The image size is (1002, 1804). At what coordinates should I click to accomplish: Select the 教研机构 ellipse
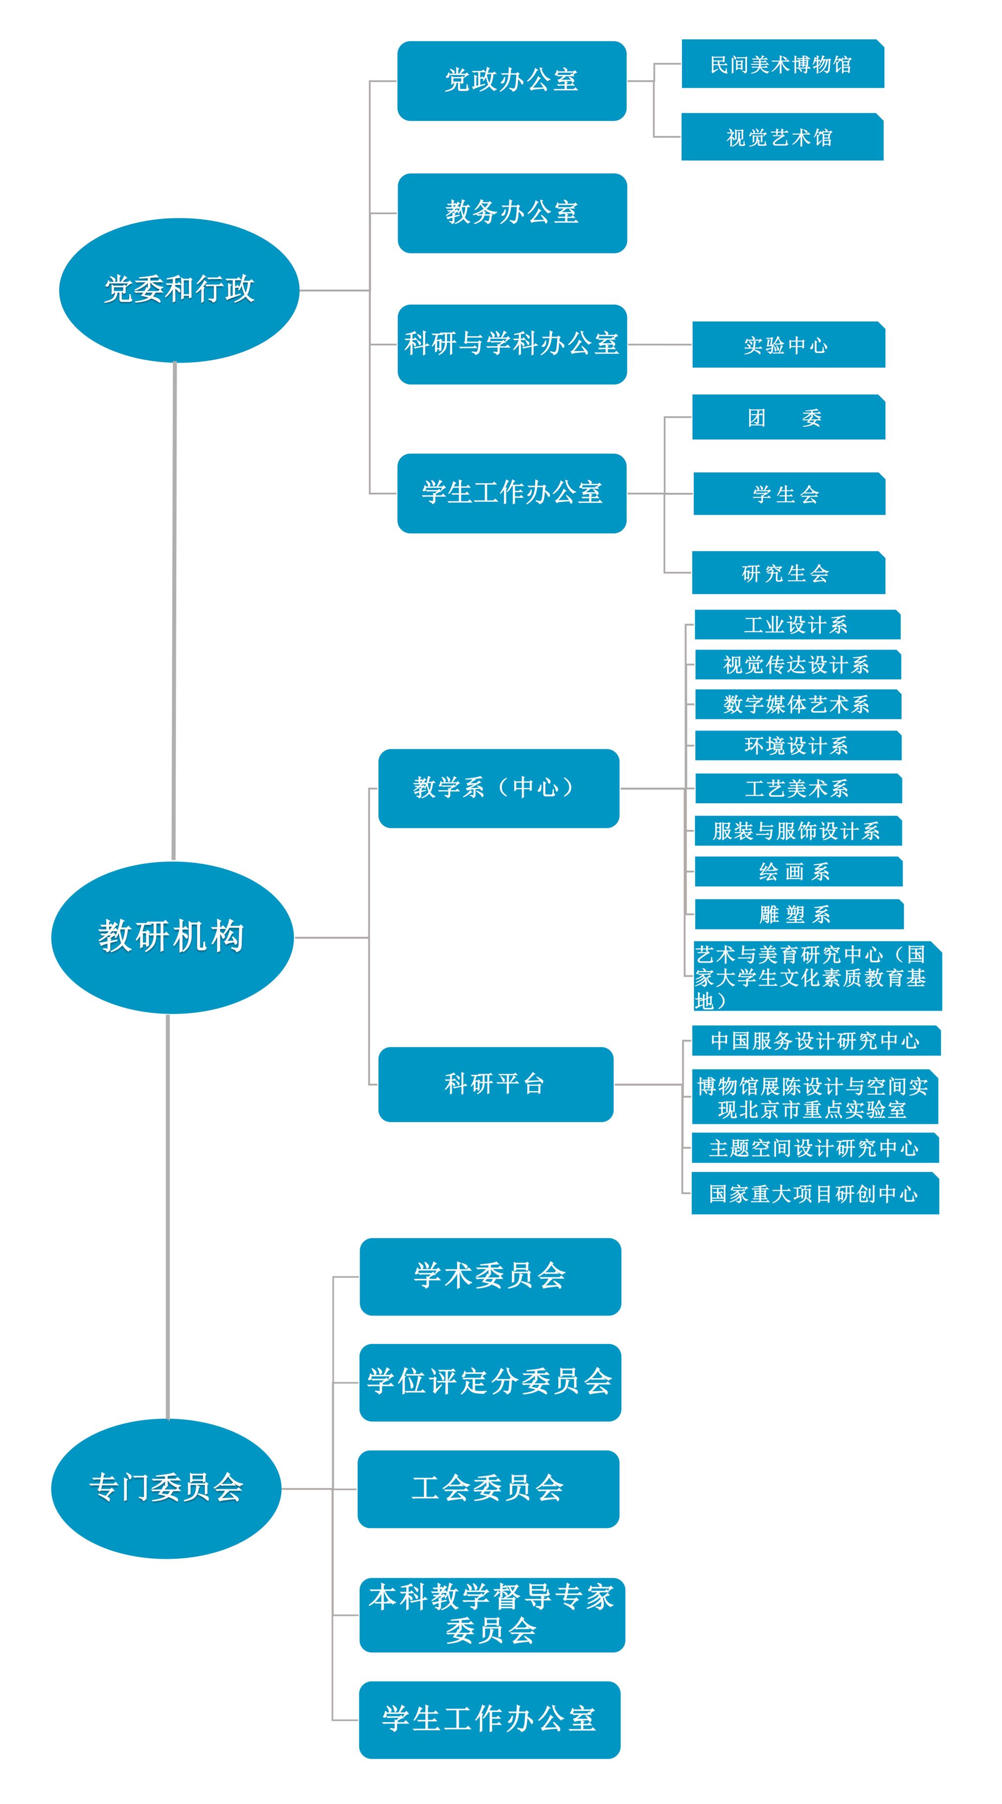coord(172,937)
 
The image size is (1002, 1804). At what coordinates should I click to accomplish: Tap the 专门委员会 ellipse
coord(166,1488)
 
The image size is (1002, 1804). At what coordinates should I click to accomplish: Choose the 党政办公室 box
coord(512,81)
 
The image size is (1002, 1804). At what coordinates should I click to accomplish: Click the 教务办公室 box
coord(512,213)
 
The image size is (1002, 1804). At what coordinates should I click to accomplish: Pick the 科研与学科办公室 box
coord(512,344)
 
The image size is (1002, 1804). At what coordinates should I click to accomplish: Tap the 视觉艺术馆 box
coord(782,137)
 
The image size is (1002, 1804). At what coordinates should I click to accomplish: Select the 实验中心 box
coord(788,345)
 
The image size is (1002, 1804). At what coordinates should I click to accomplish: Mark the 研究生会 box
coord(788,573)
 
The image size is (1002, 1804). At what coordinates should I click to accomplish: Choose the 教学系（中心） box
coord(499,788)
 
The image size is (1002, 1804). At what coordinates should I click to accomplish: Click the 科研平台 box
coord(496,1084)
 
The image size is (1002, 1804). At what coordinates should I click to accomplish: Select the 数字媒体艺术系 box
coord(797,704)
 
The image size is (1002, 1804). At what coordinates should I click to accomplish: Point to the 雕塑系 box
coord(799,914)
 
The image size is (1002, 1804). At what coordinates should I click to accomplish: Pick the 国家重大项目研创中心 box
coord(815,1193)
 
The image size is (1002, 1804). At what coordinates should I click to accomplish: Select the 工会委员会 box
coord(488,1488)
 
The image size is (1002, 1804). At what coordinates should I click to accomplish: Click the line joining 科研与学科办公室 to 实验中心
coord(660,345)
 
